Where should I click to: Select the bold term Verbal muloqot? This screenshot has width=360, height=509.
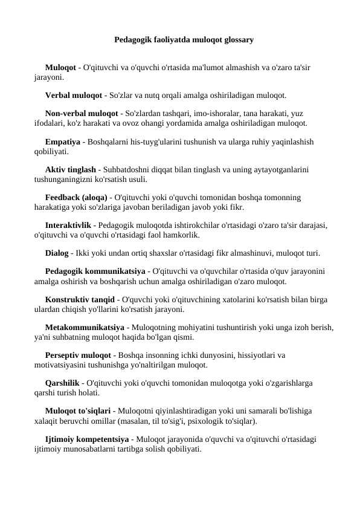click(x=74, y=95)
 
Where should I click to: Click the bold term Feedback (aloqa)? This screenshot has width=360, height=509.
click(x=76, y=197)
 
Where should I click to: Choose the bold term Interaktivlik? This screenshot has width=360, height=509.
click(x=69, y=225)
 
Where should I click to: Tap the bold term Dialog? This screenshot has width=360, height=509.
click(x=57, y=253)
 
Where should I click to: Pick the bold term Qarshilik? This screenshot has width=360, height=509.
click(x=63, y=383)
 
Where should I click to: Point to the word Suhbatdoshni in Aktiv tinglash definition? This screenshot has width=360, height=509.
click(x=124, y=170)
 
